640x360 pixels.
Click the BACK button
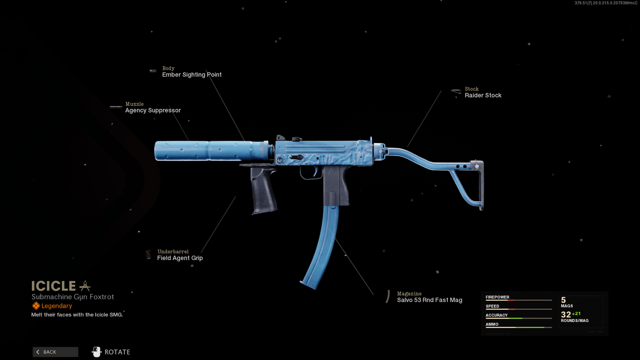point(55,352)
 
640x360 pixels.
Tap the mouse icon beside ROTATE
point(97,351)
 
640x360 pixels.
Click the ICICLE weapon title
point(53,286)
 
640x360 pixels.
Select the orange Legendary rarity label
point(57,306)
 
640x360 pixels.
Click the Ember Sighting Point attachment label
point(191,75)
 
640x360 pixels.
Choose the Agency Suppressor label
point(153,110)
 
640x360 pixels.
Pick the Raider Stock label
point(483,95)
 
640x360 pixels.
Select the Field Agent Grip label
point(180,258)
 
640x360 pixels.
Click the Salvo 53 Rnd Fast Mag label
point(429,300)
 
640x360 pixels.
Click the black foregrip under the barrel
point(263,190)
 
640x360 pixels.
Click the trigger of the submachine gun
point(315,171)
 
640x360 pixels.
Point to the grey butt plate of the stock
point(481,185)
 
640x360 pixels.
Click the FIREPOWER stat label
point(498,297)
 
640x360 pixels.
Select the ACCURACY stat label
point(497,315)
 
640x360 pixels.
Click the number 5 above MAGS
point(563,300)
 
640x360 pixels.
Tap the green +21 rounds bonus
point(577,314)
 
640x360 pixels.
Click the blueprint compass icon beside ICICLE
point(85,286)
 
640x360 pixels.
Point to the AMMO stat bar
point(518,327)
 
